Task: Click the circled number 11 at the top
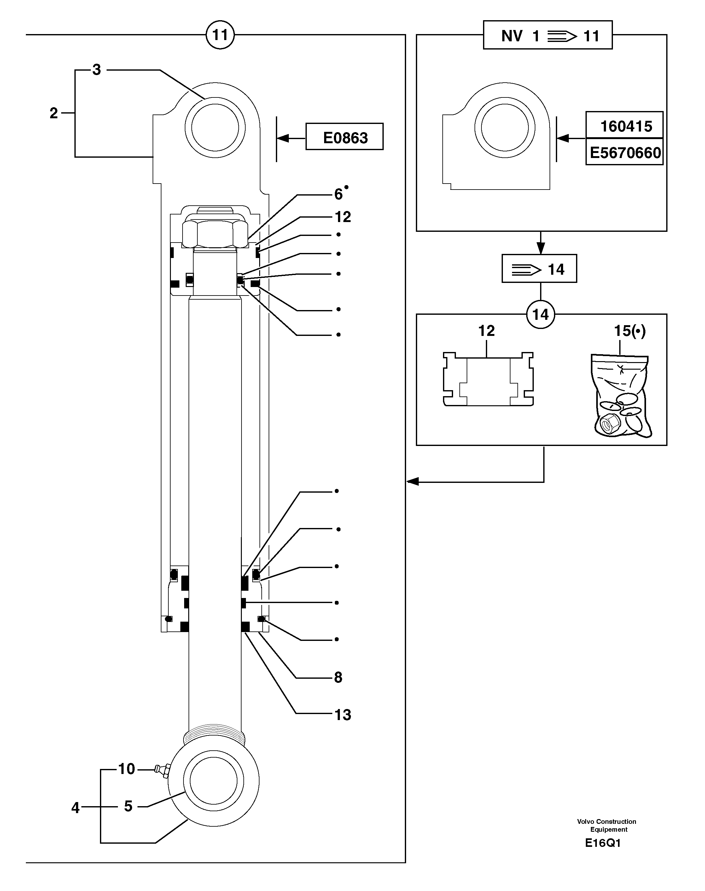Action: point(220,35)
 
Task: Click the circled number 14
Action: point(540,315)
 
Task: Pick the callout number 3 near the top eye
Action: point(96,70)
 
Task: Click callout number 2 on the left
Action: point(54,113)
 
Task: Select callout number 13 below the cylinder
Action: point(343,715)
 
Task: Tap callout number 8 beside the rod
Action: point(338,677)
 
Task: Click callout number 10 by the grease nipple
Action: point(127,769)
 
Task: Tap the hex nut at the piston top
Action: point(215,234)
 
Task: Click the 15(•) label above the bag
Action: point(629,331)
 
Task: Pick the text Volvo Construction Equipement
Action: point(606,825)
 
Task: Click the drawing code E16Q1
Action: point(603,843)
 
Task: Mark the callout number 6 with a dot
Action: point(338,194)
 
